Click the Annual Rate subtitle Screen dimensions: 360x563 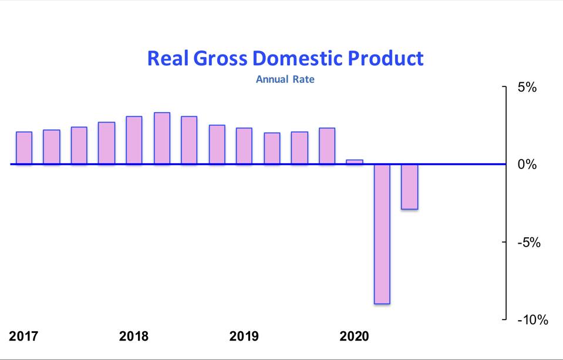285,79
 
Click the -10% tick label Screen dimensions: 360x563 532,320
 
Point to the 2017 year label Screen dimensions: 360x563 23,337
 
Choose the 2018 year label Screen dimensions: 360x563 134,337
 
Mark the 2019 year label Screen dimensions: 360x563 244,337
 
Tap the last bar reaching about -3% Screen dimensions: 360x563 410,186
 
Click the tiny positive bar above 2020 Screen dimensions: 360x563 355,162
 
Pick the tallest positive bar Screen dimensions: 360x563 162,138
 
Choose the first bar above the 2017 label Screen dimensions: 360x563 24,148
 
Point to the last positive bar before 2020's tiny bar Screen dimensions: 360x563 327,146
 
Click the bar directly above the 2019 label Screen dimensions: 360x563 244,146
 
